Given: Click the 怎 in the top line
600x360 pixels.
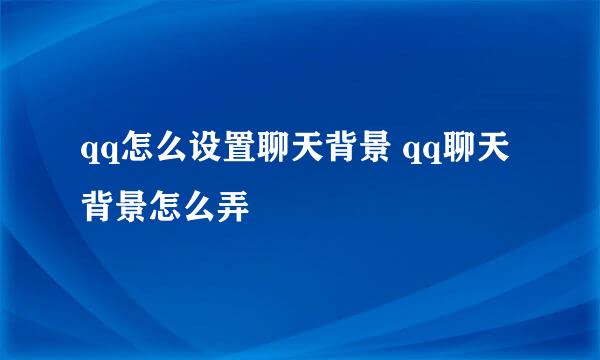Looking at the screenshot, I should pos(130,152).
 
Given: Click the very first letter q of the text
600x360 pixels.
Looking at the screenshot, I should pos(87,155).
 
